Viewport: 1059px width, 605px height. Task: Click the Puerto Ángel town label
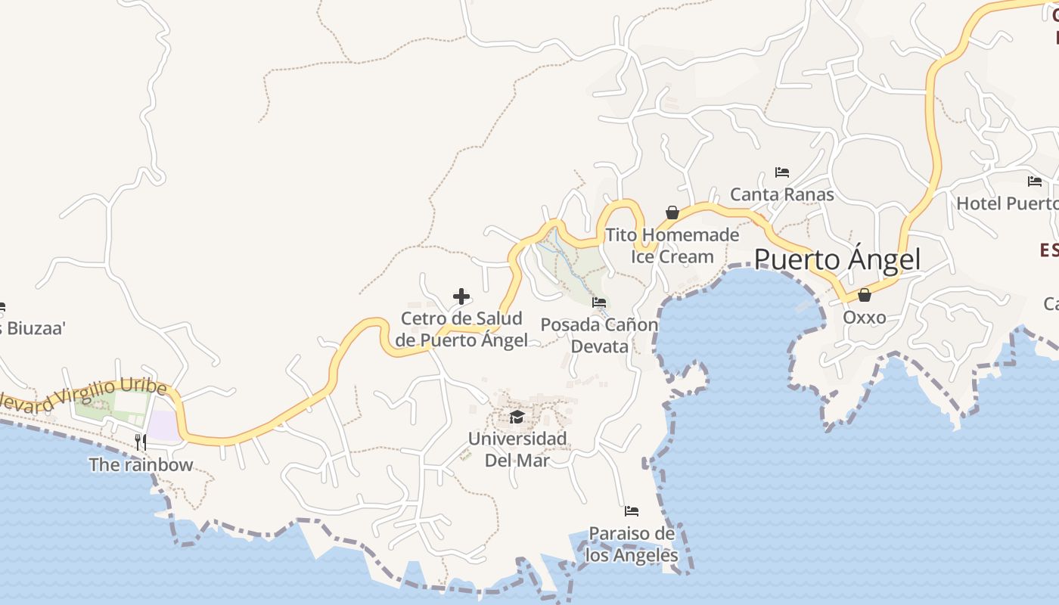(x=837, y=259)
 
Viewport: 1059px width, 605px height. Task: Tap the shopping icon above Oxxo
(x=864, y=295)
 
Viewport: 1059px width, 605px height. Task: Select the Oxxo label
(x=864, y=317)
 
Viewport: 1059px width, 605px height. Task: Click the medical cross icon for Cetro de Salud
(x=461, y=296)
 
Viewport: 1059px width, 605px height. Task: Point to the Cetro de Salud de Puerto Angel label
(x=461, y=329)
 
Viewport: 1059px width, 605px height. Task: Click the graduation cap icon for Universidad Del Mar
(x=517, y=417)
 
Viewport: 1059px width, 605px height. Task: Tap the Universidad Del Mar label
(x=517, y=448)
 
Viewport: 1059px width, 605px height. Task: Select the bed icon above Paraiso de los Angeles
(x=632, y=511)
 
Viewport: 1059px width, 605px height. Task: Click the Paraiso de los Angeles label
(x=632, y=544)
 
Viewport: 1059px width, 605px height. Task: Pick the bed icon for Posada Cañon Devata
(x=599, y=302)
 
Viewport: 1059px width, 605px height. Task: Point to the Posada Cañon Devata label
(x=599, y=335)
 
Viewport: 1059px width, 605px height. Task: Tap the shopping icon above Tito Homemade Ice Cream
(x=672, y=213)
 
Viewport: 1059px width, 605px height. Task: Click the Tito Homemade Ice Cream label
(x=672, y=245)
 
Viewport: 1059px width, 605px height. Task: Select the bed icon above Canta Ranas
(x=782, y=172)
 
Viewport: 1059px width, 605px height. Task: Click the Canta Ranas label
(x=782, y=194)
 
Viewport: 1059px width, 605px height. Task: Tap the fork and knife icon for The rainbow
(x=141, y=442)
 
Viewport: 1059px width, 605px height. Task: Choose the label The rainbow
(x=141, y=464)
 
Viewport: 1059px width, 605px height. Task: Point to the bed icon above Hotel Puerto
(x=1035, y=181)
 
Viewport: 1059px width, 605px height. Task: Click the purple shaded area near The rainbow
(x=162, y=425)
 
